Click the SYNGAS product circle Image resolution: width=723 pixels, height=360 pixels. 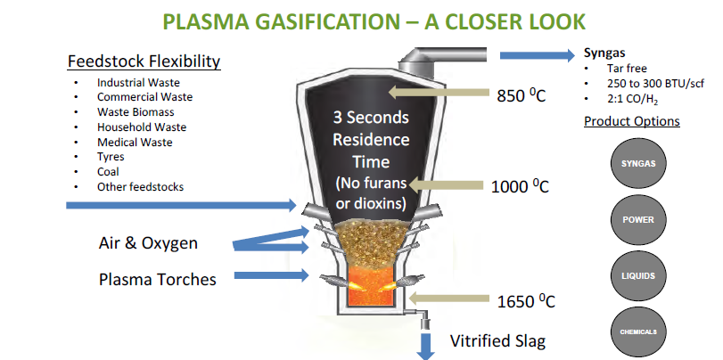click(x=637, y=164)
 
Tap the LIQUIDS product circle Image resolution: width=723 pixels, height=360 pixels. click(x=637, y=275)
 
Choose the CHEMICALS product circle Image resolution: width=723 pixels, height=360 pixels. click(x=637, y=331)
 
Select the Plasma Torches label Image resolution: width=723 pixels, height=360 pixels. click(x=157, y=279)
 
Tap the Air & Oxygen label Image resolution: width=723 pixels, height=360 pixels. click(x=148, y=242)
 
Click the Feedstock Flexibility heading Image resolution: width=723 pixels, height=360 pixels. click(x=144, y=61)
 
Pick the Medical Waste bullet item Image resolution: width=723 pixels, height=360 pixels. click(x=135, y=142)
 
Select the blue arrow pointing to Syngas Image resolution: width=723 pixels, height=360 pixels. click(x=535, y=56)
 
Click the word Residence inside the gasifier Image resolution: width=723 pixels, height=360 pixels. click(x=372, y=139)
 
